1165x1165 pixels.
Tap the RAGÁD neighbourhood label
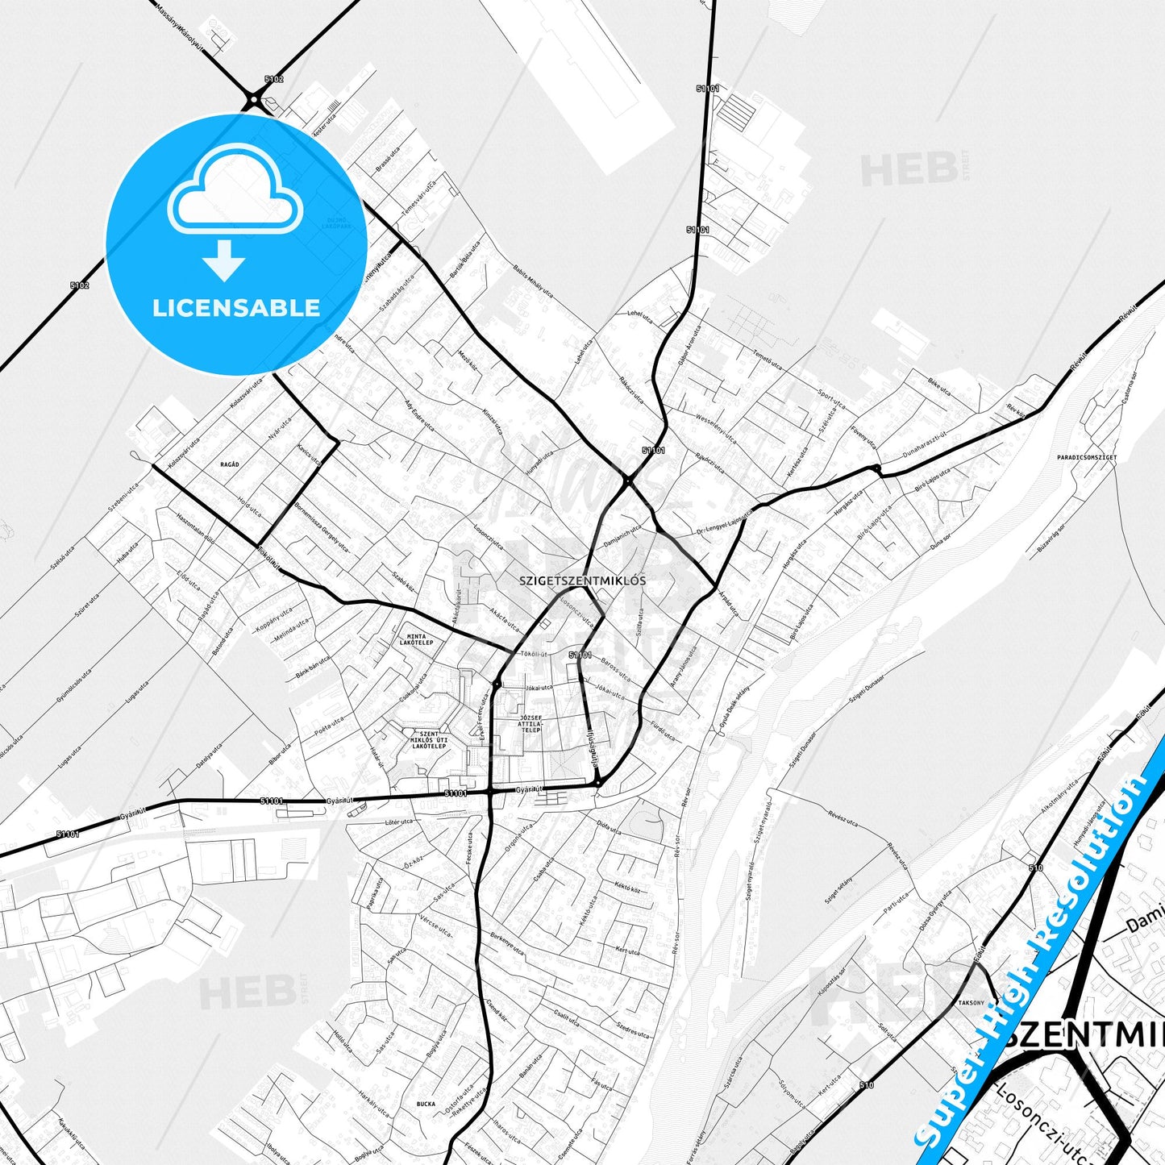point(230,464)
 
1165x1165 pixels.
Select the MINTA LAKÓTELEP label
point(416,639)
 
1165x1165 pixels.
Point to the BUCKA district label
point(426,1104)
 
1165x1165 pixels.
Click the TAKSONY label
point(971,1003)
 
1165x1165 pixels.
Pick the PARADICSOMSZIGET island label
point(1087,457)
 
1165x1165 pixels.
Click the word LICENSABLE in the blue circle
point(236,308)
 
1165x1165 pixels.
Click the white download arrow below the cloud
point(224,260)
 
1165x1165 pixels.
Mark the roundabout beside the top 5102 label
point(254,101)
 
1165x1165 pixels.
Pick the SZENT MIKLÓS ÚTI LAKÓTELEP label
point(429,740)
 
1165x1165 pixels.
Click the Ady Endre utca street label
point(418,412)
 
